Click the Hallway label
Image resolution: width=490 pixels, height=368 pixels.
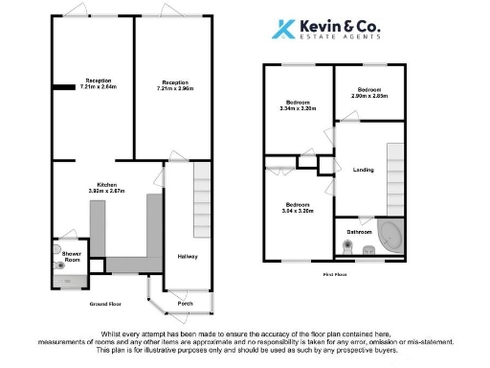click(x=187, y=256)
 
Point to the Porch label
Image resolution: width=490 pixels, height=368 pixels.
click(x=185, y=305)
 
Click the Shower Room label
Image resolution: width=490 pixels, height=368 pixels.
click(x=71, y=258)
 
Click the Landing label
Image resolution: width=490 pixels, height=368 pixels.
click(x=364, y=171)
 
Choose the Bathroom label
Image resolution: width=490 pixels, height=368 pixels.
click(x=360, y=232)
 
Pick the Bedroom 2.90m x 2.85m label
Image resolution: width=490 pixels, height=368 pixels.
click(x=368, y=92)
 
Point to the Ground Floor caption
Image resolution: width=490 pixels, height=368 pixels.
click(x=106, y=304)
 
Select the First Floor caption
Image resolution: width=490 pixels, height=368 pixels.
click(x=334, y=274)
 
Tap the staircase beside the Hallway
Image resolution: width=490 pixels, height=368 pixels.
click(x=201, y=201)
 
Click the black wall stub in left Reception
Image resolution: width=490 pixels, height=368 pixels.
click(x=64, y=87)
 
